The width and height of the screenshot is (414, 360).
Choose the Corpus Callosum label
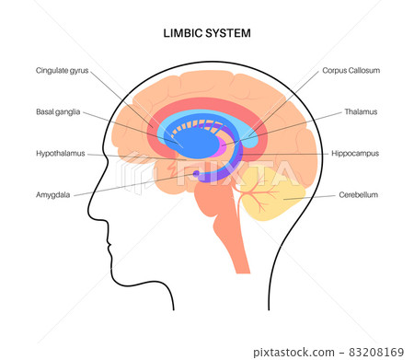coord(351,69)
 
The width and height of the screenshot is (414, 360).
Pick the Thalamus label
coord(361,112)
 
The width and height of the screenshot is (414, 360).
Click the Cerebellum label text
coord(358,194)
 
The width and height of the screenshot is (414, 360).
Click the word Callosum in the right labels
coord(364,69)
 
